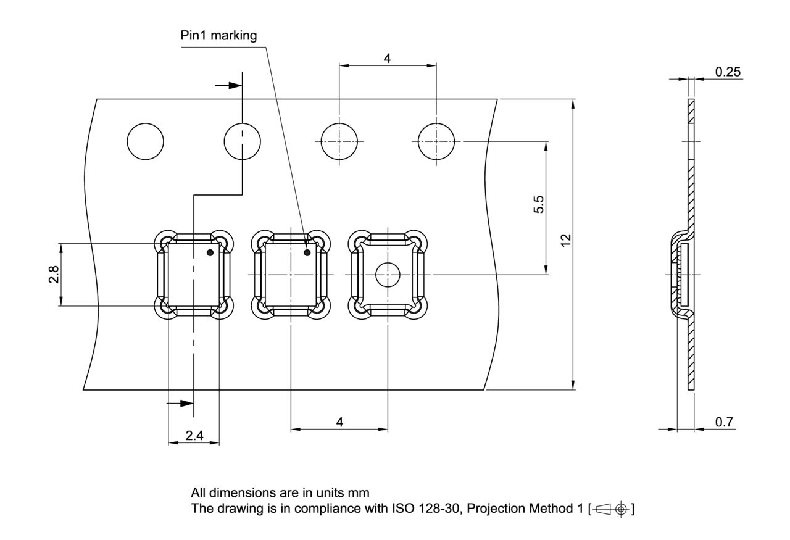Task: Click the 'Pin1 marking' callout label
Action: pos(218,36)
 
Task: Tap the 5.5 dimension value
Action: pos(538,204)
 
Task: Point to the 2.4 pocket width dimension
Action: pos(194,436)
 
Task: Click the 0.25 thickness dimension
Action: pos(728,72)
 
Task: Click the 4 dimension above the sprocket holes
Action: pos(387,58)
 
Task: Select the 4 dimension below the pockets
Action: pos(339,422)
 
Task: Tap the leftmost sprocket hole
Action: pos(146,141)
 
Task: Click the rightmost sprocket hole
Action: pos(436,141)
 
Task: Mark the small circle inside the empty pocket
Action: pos(388,274)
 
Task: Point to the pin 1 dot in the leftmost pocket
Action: pos(210,253)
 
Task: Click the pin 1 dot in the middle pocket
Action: pos(307,252)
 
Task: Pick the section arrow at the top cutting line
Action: pos(230,85)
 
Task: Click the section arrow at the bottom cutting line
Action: pos(181,404)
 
